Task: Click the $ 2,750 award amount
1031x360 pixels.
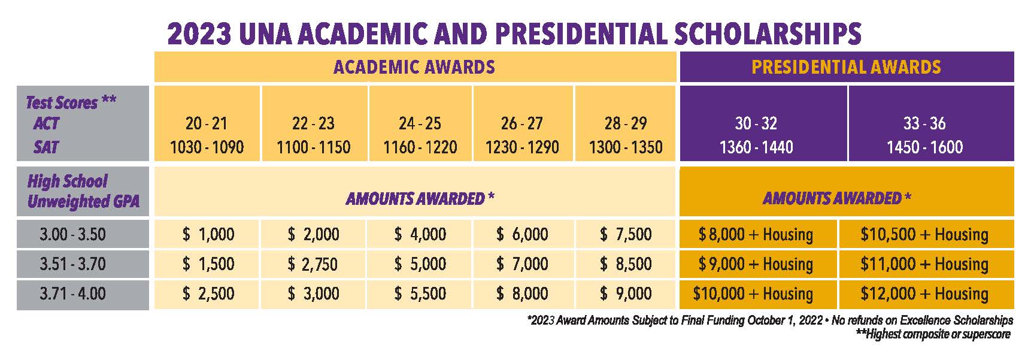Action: click(313, 264)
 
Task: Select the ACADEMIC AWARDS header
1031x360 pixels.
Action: click(414, 66)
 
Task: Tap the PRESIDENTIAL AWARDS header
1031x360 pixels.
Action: click(846, 66)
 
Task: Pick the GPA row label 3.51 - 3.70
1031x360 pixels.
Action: click(72, 264)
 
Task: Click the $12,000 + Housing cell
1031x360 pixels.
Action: click(924, 294)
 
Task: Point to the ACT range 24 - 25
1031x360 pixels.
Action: click(420, 123)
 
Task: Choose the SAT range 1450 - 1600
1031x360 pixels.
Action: click(924, 147)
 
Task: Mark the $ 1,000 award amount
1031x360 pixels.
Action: click(208, 234)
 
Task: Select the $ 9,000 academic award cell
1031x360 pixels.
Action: click(626, 294)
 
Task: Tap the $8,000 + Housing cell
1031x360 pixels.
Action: click(756, 234)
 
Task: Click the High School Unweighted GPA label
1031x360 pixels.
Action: click(83, 191)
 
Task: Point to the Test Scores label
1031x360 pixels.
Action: click(71, 102)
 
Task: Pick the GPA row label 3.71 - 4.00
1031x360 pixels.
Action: click(72, 294)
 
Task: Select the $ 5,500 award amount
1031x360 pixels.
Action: click(420, 294)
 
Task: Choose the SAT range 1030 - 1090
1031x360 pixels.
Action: click(207, 147)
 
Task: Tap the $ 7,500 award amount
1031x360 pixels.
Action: click(626, 234)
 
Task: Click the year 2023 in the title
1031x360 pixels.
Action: click(199, 34)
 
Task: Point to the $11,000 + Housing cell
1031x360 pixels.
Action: click(924, 264)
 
